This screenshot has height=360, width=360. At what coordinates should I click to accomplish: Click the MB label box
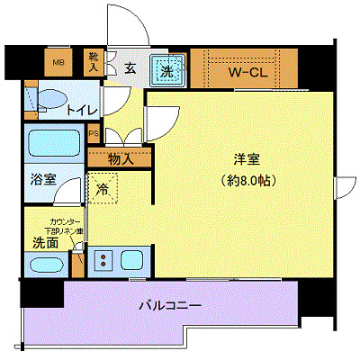[x=58, y=63]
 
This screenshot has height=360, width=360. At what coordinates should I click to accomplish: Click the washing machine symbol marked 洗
[x=167, y=68]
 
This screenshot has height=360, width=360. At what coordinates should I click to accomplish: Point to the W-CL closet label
[x=244, y=70]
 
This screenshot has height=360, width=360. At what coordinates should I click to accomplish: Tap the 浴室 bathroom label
[x=40, y=178]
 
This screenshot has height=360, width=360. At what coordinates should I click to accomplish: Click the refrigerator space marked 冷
[x=103, y=190]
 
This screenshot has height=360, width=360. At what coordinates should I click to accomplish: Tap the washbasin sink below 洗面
[x=46, y=265]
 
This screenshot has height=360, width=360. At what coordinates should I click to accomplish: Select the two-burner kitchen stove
[x=103, y=261]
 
